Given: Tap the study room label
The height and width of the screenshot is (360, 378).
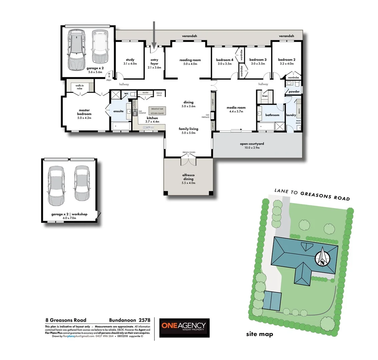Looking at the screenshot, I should tap(130, 60).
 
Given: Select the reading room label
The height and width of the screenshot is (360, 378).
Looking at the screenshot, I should tap(190, 60).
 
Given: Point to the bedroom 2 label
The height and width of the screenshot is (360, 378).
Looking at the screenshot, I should tap(287, 60).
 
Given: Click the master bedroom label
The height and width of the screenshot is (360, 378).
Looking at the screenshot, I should tap(84, 112).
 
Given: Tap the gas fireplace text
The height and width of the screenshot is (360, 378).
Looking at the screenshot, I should tap(205, 116).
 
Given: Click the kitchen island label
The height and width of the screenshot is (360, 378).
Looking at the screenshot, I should tap(157, 113).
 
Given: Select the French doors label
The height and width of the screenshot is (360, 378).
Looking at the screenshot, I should tap(188, 152).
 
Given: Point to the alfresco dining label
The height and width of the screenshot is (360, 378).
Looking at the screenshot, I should tap(188, 177).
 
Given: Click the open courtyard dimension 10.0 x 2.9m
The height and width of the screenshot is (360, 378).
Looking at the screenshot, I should tap(252, 148).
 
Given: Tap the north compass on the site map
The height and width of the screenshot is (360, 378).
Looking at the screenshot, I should tap(323, 258).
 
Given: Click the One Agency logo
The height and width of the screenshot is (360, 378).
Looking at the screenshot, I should tap(184, 327).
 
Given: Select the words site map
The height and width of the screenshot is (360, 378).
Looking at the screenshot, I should tap(259, 334).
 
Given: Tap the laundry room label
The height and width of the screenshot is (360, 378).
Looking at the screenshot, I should tap(291, 115).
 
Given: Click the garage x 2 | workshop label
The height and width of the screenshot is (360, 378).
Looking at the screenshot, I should tap(69, 214).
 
